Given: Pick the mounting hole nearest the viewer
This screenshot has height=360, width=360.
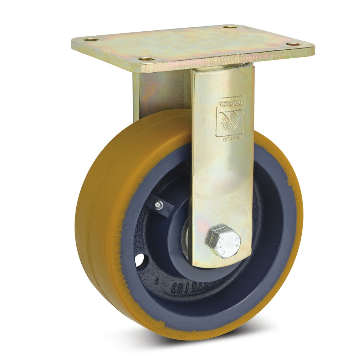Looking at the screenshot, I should point(147,59).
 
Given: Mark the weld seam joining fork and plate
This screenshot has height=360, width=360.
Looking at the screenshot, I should point(223,67).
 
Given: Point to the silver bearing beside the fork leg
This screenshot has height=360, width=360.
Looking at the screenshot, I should point(187,241).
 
